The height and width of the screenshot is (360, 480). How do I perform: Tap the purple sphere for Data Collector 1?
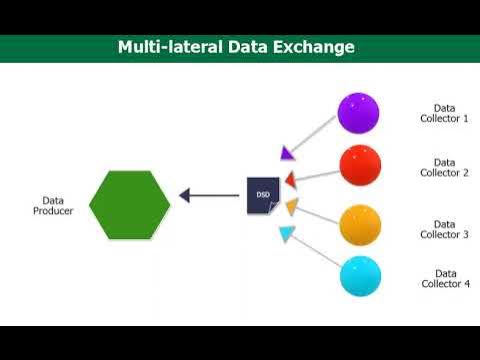click(x=358, y=113)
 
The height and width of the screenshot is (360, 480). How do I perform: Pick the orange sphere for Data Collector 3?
click(x=360, y=224)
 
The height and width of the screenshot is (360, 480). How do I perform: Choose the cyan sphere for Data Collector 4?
click(x=360, y=276)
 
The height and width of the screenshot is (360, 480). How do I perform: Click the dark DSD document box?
click(x=263, y=195)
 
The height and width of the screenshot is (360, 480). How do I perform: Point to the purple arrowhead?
click(x=286, y=153)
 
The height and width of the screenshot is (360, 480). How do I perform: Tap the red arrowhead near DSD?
click(x=290, y=180)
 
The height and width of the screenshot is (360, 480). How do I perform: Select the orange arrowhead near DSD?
click(x=291, y=208)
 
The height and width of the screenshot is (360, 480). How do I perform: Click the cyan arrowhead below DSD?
click(x=287, y=235)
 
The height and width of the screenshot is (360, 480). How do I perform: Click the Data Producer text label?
click(x=53, y=205)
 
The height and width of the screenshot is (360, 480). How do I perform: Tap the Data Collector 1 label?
click(x=444, y=113)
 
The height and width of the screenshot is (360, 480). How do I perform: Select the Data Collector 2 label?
click(x=444, y=167)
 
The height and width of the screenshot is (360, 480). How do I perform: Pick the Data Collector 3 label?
click(x=444, y=229)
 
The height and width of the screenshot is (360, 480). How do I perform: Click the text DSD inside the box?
click(x=262, y=193)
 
